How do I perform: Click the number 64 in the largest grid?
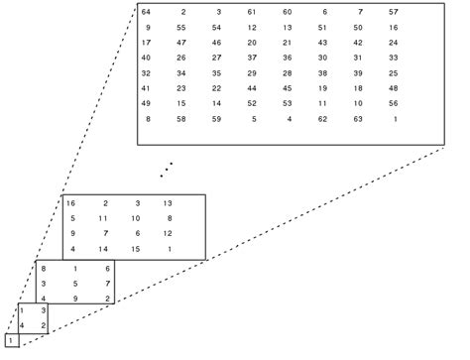147,11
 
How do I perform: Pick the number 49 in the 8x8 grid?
147,103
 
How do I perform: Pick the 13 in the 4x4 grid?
168,203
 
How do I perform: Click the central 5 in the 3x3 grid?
76,283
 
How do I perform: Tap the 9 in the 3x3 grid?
76,298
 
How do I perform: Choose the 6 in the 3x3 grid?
107,268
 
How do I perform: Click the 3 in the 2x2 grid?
41,311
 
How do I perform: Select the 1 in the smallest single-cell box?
9,341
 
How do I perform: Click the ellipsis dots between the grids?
168,170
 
